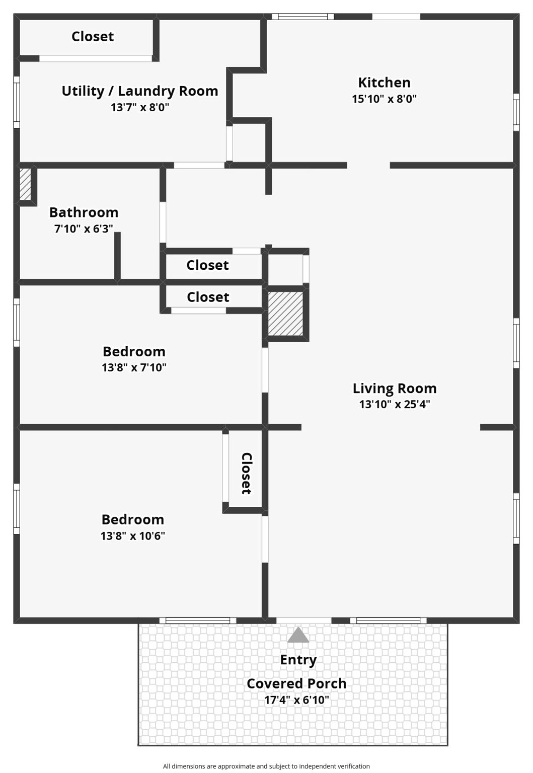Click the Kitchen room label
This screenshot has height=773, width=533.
[x=384, y=83]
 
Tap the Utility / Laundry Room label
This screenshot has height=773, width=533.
[x=140, y=91]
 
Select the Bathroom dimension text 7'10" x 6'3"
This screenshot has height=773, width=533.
[x=84, y=229]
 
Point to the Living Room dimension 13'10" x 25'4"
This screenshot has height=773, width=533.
[x=395, y=404]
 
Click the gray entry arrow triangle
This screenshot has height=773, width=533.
[x=298, y=635]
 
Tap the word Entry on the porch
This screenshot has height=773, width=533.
[x=298, y=660]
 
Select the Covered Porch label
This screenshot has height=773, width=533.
[x=296, y=683]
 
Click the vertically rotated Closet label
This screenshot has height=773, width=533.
[x=247, y=473]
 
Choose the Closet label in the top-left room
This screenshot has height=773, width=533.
[x=93, y=37]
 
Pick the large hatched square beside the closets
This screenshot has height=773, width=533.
[x=285, y=314]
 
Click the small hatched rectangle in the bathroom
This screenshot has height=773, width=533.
[x=25, y=184]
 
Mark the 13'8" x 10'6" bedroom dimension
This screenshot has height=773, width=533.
[x=133, y=536]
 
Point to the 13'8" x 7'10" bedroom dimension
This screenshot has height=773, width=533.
[x=134, y=368]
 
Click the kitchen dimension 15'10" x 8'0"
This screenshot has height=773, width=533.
[x=384, y=99]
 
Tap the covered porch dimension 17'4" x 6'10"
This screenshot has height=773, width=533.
[x=296, y=700]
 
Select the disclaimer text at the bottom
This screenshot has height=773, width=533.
[x=266, y=766]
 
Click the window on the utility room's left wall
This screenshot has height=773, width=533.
[x=17, y=102]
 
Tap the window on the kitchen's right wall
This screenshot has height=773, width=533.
[x=516, y=112]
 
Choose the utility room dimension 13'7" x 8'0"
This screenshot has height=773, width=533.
[x=140, y=107]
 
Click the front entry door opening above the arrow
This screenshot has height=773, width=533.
[x=303, y=620]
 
